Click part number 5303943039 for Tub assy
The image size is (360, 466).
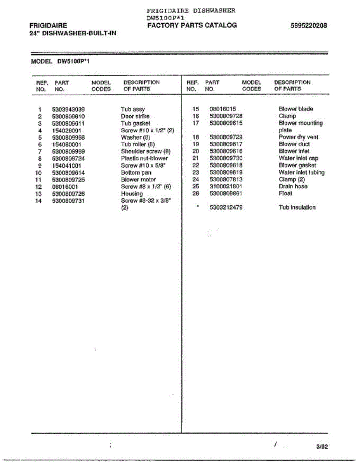click(68, 110)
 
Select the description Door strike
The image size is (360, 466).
click(135, 116)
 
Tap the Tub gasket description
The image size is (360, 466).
click(136, 123)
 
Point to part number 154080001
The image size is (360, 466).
click(66, 144)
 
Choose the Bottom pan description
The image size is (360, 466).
click(136, 173)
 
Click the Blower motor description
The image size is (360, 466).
click(138, 180)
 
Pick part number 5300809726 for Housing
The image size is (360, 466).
click(68, 194)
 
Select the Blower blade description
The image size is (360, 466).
click(296, 109)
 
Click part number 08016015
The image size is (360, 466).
click(223, 109)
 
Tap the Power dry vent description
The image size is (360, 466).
click(298, 137)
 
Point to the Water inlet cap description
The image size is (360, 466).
click(298, 158)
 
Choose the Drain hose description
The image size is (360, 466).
click(293, 186)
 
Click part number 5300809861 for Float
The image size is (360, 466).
click(226, 193)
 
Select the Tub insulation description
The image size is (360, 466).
click(297, 207)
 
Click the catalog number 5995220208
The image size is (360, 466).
click(308, 26)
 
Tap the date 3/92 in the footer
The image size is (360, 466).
click(322, 447)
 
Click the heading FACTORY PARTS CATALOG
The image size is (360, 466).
click(192, 26)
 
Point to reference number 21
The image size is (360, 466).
click(195, 158)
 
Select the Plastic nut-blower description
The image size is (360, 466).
click(144, 158)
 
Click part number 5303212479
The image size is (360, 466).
click(226, 207)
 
